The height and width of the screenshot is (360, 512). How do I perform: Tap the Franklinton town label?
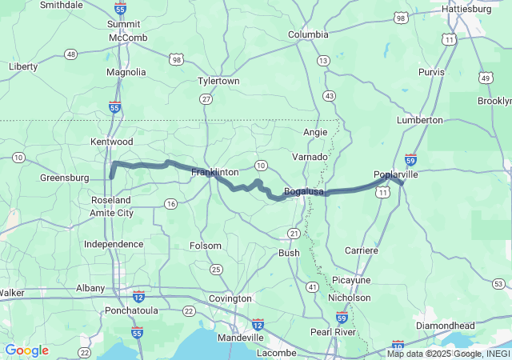(x=214, y=172)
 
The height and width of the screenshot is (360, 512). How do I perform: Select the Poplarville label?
(x=396, y=174)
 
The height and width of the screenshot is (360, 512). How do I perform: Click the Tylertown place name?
(x=218, y=82)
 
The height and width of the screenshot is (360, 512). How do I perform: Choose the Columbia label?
(x=308, y=34)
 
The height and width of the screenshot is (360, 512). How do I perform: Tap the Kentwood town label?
(x=113, y=142)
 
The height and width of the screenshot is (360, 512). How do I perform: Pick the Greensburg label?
(x=64, y=178)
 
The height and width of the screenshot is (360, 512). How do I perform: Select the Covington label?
(x=230, y=298)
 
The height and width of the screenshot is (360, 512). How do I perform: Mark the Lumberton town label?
(x=419, y=120)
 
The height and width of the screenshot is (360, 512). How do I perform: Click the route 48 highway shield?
(x=71, y=54)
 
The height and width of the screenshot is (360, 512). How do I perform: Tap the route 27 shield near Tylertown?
(x=206, y=98)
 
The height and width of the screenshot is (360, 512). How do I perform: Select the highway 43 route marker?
(x=329, y=95)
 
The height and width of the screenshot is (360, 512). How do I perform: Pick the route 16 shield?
(x=170, y=204)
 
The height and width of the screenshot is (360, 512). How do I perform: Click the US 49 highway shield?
(x=486, y=78)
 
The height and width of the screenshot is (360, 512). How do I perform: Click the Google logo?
(x=26, y=350)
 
